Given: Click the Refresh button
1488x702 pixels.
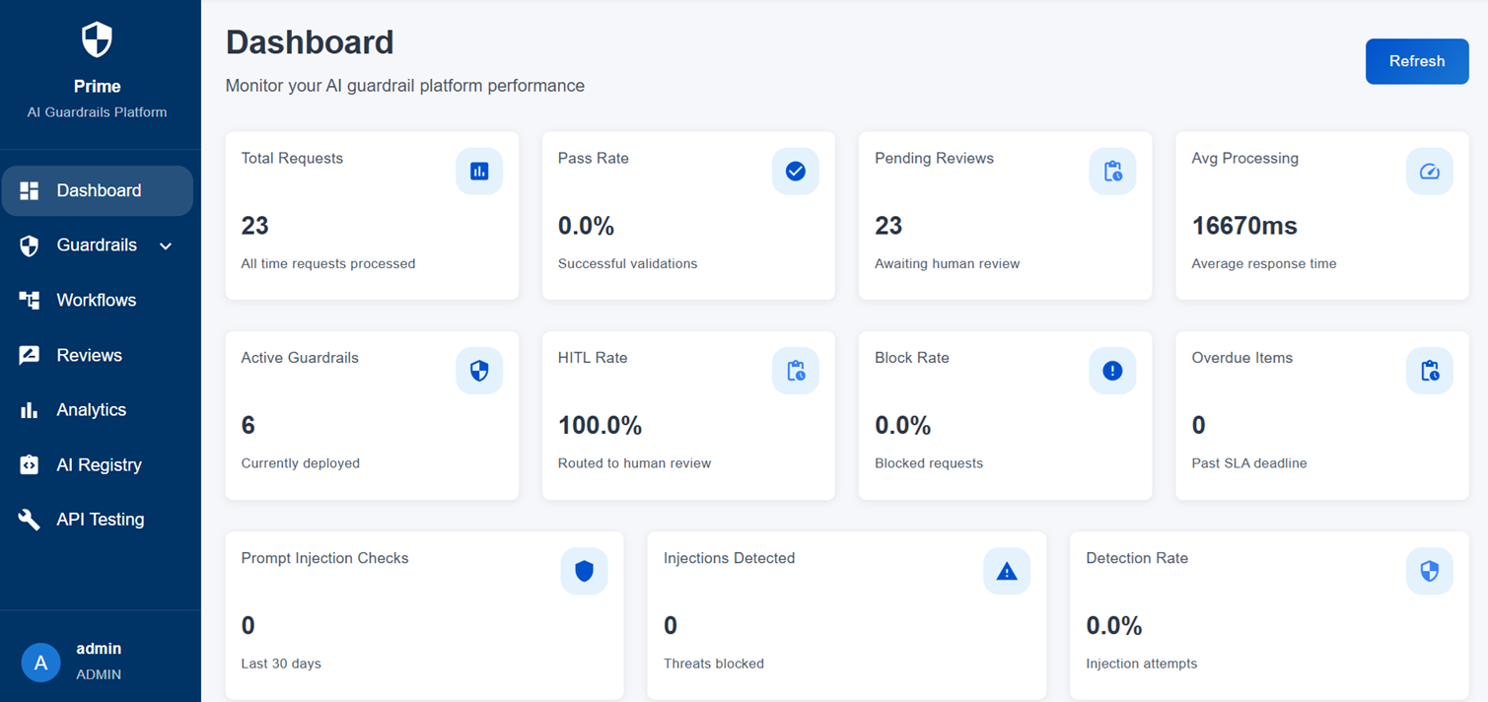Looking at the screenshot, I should pos(1416,61).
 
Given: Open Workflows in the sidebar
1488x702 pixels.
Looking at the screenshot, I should pos(96,301).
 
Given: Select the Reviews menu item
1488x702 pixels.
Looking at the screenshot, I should pos(89,356).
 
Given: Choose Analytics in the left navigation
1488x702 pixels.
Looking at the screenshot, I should pos(91,410).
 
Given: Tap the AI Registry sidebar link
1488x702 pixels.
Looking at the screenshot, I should pos(99,465).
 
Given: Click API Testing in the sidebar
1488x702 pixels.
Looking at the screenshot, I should pos(100,520).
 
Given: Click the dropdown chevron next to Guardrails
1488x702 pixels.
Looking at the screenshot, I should pos(166,246).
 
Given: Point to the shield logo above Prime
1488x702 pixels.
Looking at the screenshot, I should pos(97,40).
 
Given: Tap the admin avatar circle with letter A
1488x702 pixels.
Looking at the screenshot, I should pos(40,663).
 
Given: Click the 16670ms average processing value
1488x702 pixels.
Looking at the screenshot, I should pos(1244,226).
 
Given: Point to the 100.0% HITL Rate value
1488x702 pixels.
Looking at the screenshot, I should pos(600,426).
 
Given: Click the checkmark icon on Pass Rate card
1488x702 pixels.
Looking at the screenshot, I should pos(795,172).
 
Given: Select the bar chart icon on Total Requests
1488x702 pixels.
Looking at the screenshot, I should pos(479,172).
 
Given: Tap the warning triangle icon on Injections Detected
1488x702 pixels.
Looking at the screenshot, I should pos(1006,571).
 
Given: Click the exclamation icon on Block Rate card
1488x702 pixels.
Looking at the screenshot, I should pos(1112,371).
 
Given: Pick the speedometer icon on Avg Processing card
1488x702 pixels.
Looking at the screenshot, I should pos(1429,172).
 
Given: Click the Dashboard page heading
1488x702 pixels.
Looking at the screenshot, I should pos(310,42).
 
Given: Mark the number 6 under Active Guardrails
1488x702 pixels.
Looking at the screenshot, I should pos(248,426).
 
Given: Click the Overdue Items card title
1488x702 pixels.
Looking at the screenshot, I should pos(1241,358).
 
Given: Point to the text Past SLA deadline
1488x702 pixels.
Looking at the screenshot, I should pos(1248,463).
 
